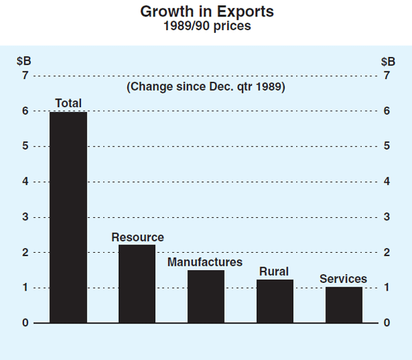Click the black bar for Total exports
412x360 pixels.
click(x=68, y=217)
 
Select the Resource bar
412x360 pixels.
click(x=137, y=284)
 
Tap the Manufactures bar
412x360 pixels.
click(x=205, y=296)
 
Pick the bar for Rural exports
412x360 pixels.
click(x=274, y=301)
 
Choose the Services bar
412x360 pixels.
click(x=343, y=304)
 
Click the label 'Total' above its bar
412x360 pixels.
click(x=68, y=104)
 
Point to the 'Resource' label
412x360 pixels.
click(x=137, y=238)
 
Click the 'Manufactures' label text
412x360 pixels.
click(x=205, y=262)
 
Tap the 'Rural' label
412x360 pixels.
click(x=274, y=271)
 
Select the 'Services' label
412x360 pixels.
click(x=343, y=279)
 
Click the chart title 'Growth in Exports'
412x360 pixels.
click(x=206, y=12)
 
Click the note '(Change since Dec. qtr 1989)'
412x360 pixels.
click(x=206, y=87)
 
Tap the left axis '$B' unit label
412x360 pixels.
click(x=25, y=60)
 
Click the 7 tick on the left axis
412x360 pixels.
click(x=25, y=76)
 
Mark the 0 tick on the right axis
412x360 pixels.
click(x=387, y=323)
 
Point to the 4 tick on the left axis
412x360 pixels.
click(x=25, y=181)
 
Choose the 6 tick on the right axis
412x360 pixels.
click(x=387, y=111)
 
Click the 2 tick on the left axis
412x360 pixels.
click(x=25, y=252)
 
